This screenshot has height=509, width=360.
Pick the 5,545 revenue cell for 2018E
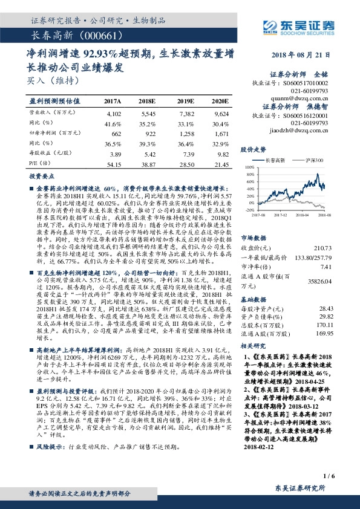[x=147, y=113]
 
